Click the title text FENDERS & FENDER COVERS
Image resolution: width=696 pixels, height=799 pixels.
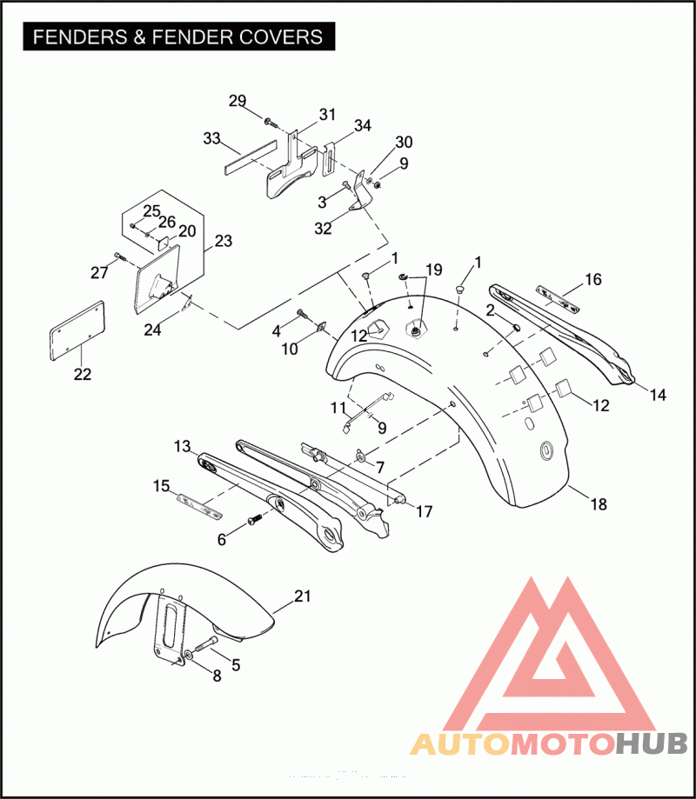[178, 37]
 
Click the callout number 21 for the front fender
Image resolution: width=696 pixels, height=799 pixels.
[303, 596]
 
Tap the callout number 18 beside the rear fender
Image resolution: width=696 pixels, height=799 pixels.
[599, 504]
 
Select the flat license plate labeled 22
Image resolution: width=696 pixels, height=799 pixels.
[77, 330]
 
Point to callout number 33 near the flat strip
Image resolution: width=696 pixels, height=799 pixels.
[211, 138]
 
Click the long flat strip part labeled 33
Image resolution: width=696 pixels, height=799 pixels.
[251, 157]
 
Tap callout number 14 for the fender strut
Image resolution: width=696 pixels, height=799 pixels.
[658, 395]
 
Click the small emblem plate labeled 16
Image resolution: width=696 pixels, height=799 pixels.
[558, 300]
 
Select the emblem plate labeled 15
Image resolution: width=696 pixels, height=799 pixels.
[199, 506]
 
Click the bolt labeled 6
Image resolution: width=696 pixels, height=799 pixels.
[254, 519]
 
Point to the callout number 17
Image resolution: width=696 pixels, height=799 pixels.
[424, 511]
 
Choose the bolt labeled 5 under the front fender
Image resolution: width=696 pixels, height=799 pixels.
[203, 646]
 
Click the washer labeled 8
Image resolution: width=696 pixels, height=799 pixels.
[188, 655]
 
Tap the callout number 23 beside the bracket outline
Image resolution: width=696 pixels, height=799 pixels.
[224, 241]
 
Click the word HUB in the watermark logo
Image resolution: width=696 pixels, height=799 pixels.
[651, 744]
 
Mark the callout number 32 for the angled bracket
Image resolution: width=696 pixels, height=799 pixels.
[323, 229]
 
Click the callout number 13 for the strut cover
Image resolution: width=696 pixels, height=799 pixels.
[182, 446]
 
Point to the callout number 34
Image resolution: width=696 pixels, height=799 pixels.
[363, 125]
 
